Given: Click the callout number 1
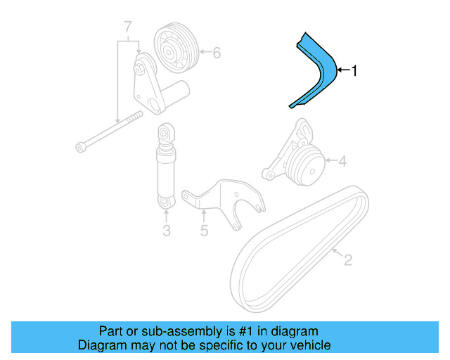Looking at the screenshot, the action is tap(355, 70).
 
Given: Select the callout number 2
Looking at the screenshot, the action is tap(347, 261).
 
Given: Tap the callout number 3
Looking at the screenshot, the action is tap(167, 230).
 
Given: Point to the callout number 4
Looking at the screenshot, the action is tap(342, 162).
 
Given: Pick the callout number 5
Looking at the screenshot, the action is tap(204, 230).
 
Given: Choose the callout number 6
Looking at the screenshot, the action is tap(217, 52).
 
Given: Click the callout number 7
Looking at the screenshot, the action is tap(127, 28).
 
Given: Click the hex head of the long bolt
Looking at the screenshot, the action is tap(80, 147).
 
